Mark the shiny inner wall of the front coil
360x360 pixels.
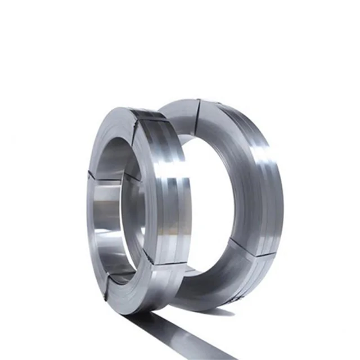click(107, 202)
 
